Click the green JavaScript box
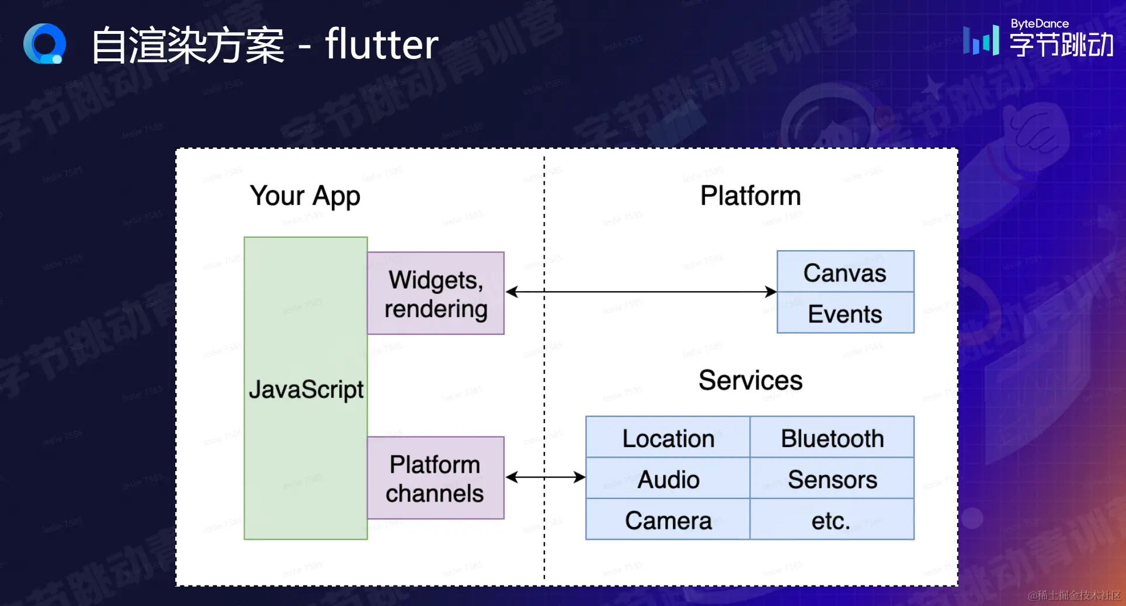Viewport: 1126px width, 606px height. click(x=305, y=388)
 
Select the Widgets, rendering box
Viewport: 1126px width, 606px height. click(x=436, y=293)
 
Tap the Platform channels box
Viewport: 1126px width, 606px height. click(x=436, y=478)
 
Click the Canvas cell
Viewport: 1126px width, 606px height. click(x=845, y=272)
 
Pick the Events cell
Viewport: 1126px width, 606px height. click(x=845, y=314)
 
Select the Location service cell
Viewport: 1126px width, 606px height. click(x=668, y=438)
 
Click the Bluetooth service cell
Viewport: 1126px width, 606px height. click(x=832, y=438)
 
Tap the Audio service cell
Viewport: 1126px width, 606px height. click(x=668, y=479)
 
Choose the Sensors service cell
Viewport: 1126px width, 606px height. click(x=832, y=479)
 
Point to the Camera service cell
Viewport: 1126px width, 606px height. click(x=668, y=520)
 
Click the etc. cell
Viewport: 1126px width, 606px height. click(x=832, y=520)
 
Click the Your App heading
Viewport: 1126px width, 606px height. click(x=305, y=196)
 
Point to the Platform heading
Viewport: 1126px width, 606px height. click(x=750, y=196)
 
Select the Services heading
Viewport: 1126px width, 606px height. click(x=750, y=380)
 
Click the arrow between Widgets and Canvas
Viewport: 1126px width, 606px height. click(x=641, y=292)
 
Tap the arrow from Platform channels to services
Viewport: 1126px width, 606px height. click(x=545, y=477)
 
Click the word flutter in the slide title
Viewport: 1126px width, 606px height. click(x=381, y=44)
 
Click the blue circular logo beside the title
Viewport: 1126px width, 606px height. click(x=44, y=44)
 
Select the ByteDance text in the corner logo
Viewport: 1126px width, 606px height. click(x=1040, y=23)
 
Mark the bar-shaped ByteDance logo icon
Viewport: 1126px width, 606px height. click(x=981, y=40)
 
